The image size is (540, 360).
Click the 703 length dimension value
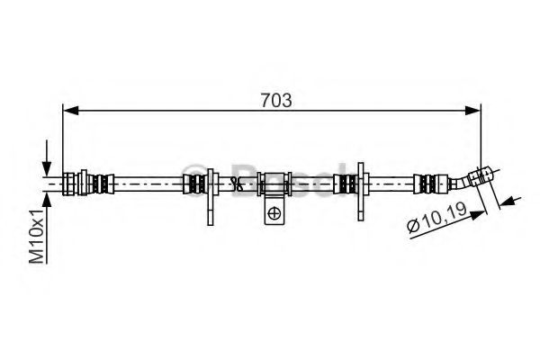(x=276, y=100)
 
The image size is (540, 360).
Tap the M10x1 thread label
(x=37, y=236)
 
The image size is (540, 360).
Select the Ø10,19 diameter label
(x=436, y=218)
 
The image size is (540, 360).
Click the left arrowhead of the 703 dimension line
(x=71, y=111)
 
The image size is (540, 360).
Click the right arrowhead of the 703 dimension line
(x=472, y=111)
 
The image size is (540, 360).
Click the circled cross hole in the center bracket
(x=274, y=213)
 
